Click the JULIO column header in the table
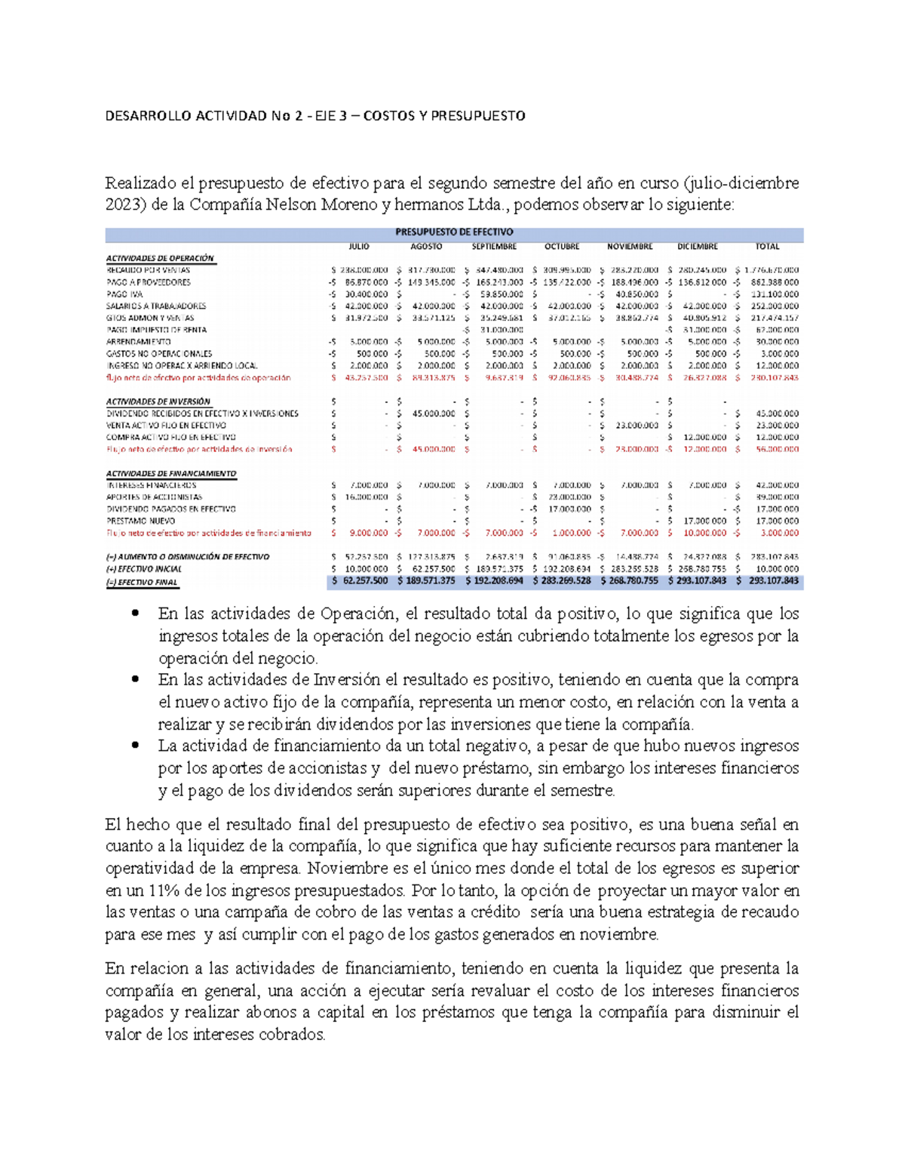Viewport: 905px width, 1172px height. coord(359,247)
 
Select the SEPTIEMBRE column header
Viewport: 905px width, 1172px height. coord(494,247)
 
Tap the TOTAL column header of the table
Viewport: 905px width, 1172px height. coord(767,247)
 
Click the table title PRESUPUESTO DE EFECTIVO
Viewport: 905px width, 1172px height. coord(454,232)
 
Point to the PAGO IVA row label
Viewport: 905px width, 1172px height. coord(124,294)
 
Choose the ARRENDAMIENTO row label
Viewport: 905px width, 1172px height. coord(138,342)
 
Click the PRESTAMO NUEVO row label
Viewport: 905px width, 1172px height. coord(140,521)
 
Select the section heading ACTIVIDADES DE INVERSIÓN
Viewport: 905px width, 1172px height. coord(158,401)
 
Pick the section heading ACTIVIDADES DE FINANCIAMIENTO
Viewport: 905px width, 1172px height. coord(171,473)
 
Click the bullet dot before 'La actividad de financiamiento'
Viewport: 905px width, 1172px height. coord(136,744)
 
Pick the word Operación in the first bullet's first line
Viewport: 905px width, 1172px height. coord(357,614)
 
